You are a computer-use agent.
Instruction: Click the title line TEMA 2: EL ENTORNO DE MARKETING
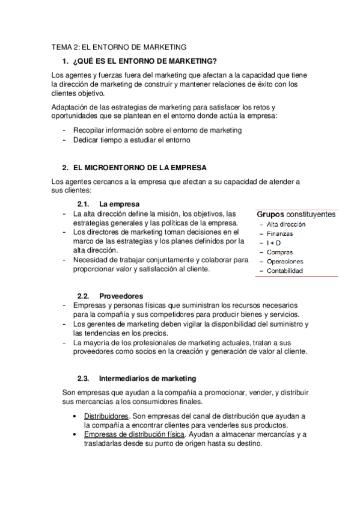click(119, 46)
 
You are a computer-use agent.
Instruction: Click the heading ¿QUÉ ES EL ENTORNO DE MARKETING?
click(144, 61)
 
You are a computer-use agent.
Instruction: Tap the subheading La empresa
click(120, 204)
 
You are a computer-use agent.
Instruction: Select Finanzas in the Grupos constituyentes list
click(280, 233)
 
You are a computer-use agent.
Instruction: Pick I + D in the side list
click(275, 242)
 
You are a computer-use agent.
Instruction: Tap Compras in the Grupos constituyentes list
click(279, 252)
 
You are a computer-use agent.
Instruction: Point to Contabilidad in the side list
click(285, 271)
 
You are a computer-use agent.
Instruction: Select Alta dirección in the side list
click(285, 224)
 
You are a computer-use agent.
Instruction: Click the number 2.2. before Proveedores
click(84, 296)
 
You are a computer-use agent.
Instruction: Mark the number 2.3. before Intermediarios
click(84, 378)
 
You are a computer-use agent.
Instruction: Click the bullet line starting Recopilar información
click(157, 129)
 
